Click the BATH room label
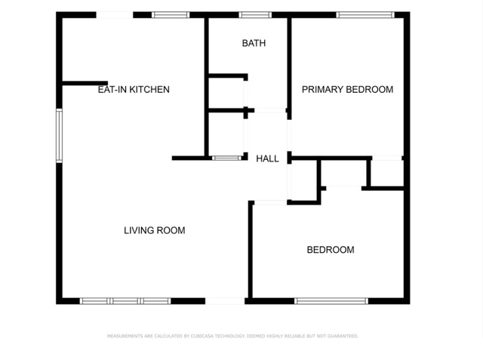254,43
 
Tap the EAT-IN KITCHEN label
134,89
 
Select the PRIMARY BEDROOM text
347,89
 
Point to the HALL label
267,158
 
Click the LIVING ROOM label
154,230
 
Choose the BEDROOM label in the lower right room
330,250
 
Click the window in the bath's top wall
255,14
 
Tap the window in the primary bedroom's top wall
365,14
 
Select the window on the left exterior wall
59,136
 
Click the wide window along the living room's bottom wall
125,301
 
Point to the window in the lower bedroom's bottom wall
331,301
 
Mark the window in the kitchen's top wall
171,14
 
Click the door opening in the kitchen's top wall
115,14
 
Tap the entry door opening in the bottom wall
225,301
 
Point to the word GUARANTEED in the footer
342,336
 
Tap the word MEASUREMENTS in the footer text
123,336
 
